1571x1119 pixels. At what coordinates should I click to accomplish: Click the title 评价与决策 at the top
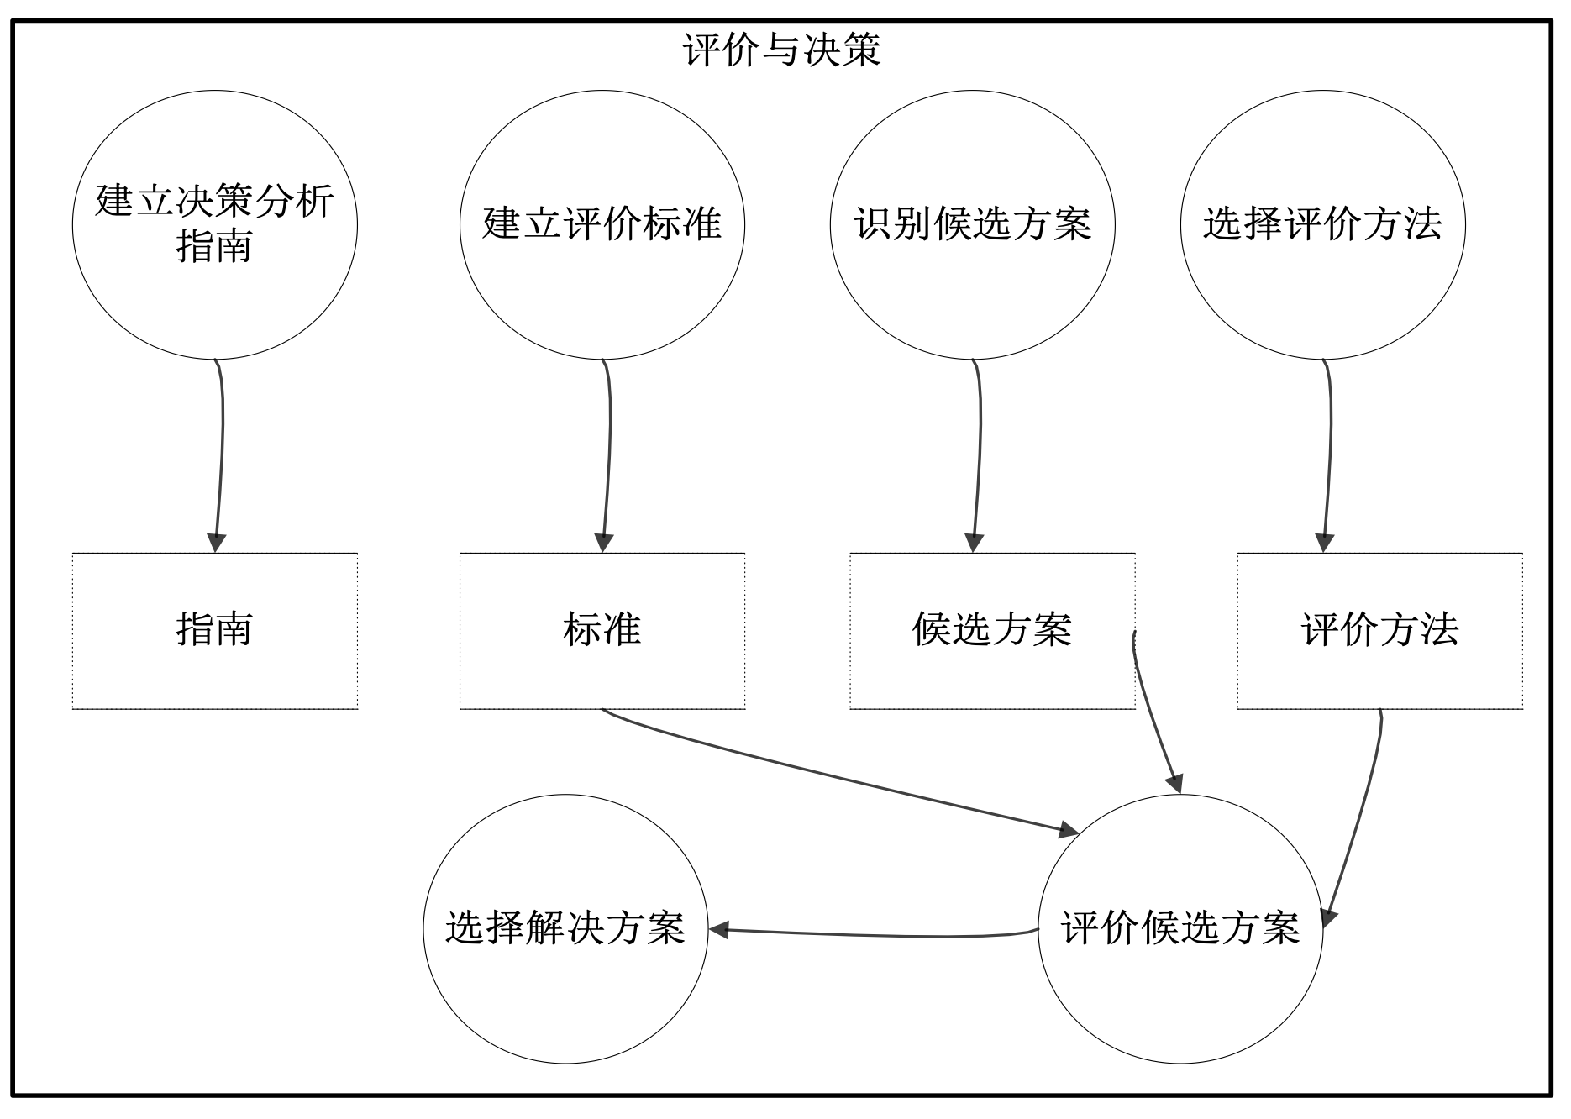781,50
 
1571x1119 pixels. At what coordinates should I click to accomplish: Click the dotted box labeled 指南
214,631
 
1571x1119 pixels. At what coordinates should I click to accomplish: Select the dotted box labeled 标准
602,631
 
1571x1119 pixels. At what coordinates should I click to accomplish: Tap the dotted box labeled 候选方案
991,631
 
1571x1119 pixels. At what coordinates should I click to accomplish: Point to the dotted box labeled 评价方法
1379,631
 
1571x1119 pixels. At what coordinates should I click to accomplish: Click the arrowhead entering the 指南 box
216,543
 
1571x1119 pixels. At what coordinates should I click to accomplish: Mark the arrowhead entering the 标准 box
603,543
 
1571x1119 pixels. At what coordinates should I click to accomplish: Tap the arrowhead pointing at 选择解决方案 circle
719,930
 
